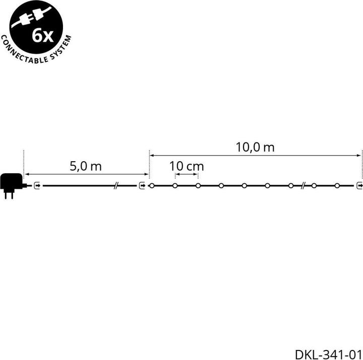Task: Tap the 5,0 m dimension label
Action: coord(86,166)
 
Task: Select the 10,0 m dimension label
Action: coord(255,148)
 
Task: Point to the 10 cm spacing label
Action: coord(187,166)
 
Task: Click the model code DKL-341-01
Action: coord(328,354)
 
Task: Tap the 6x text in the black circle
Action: coord(43,36)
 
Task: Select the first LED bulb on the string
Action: coord(152,185)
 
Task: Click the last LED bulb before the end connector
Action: coord(337,185)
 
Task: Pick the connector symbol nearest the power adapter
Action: coord(37,185)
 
